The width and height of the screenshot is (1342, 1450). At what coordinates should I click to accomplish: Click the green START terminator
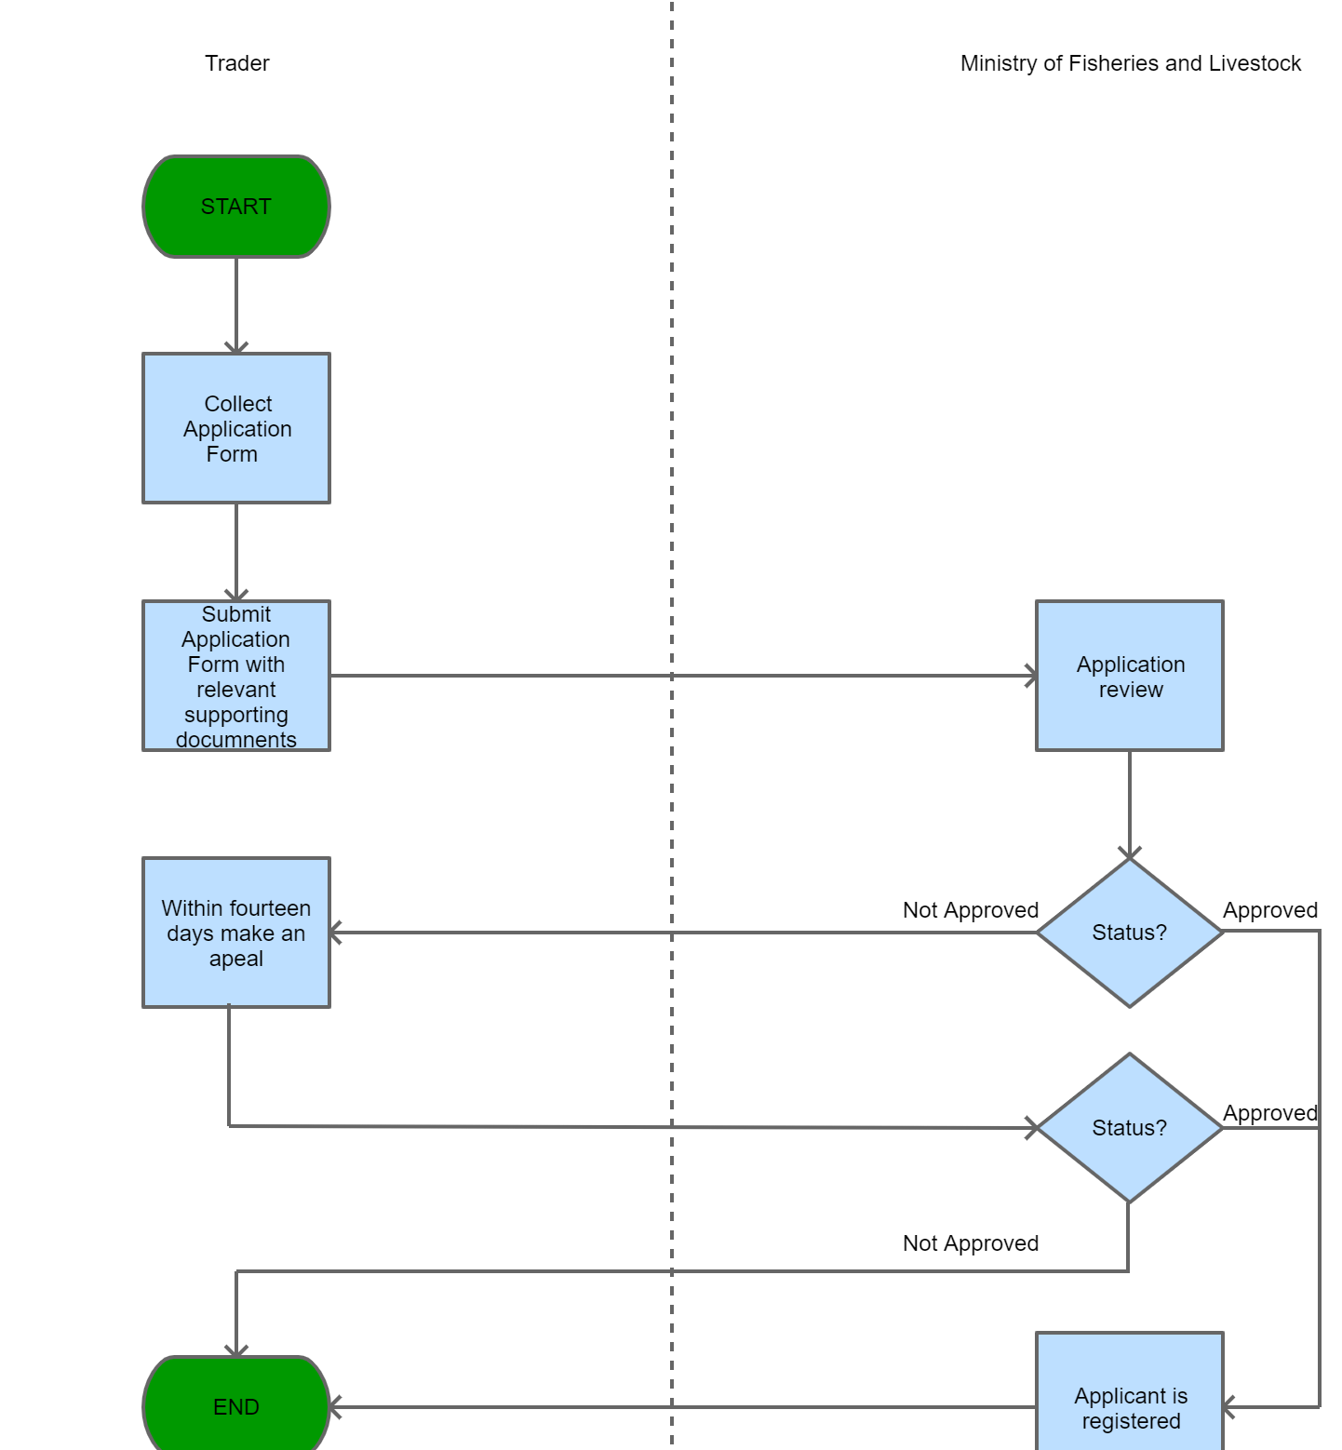point(236,207)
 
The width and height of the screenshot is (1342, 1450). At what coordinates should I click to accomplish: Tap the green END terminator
point(236,1405)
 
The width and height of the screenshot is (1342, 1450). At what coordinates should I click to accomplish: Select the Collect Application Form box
point(236,428)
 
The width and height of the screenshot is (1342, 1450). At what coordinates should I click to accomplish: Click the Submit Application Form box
point(236,676)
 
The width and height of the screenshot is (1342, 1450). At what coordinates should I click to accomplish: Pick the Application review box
point(1129,676)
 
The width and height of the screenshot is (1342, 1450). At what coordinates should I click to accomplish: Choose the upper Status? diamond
point(1129,933)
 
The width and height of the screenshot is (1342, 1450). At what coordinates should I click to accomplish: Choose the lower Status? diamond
point(1129,1128)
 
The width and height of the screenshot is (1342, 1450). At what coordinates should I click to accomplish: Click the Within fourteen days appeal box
point(236,933)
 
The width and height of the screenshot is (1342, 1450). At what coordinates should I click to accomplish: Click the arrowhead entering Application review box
point(1030,676)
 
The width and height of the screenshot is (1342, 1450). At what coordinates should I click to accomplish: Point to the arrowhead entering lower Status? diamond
point(1031,1128)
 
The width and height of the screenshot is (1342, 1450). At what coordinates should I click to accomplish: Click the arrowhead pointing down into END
point(236,1350)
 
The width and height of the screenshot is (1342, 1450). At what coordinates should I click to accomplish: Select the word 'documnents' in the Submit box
point(236,740)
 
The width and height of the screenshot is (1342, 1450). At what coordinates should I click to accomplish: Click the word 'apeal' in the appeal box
point(236,959)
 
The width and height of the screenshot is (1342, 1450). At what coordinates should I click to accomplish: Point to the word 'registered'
point(1131,1421)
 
